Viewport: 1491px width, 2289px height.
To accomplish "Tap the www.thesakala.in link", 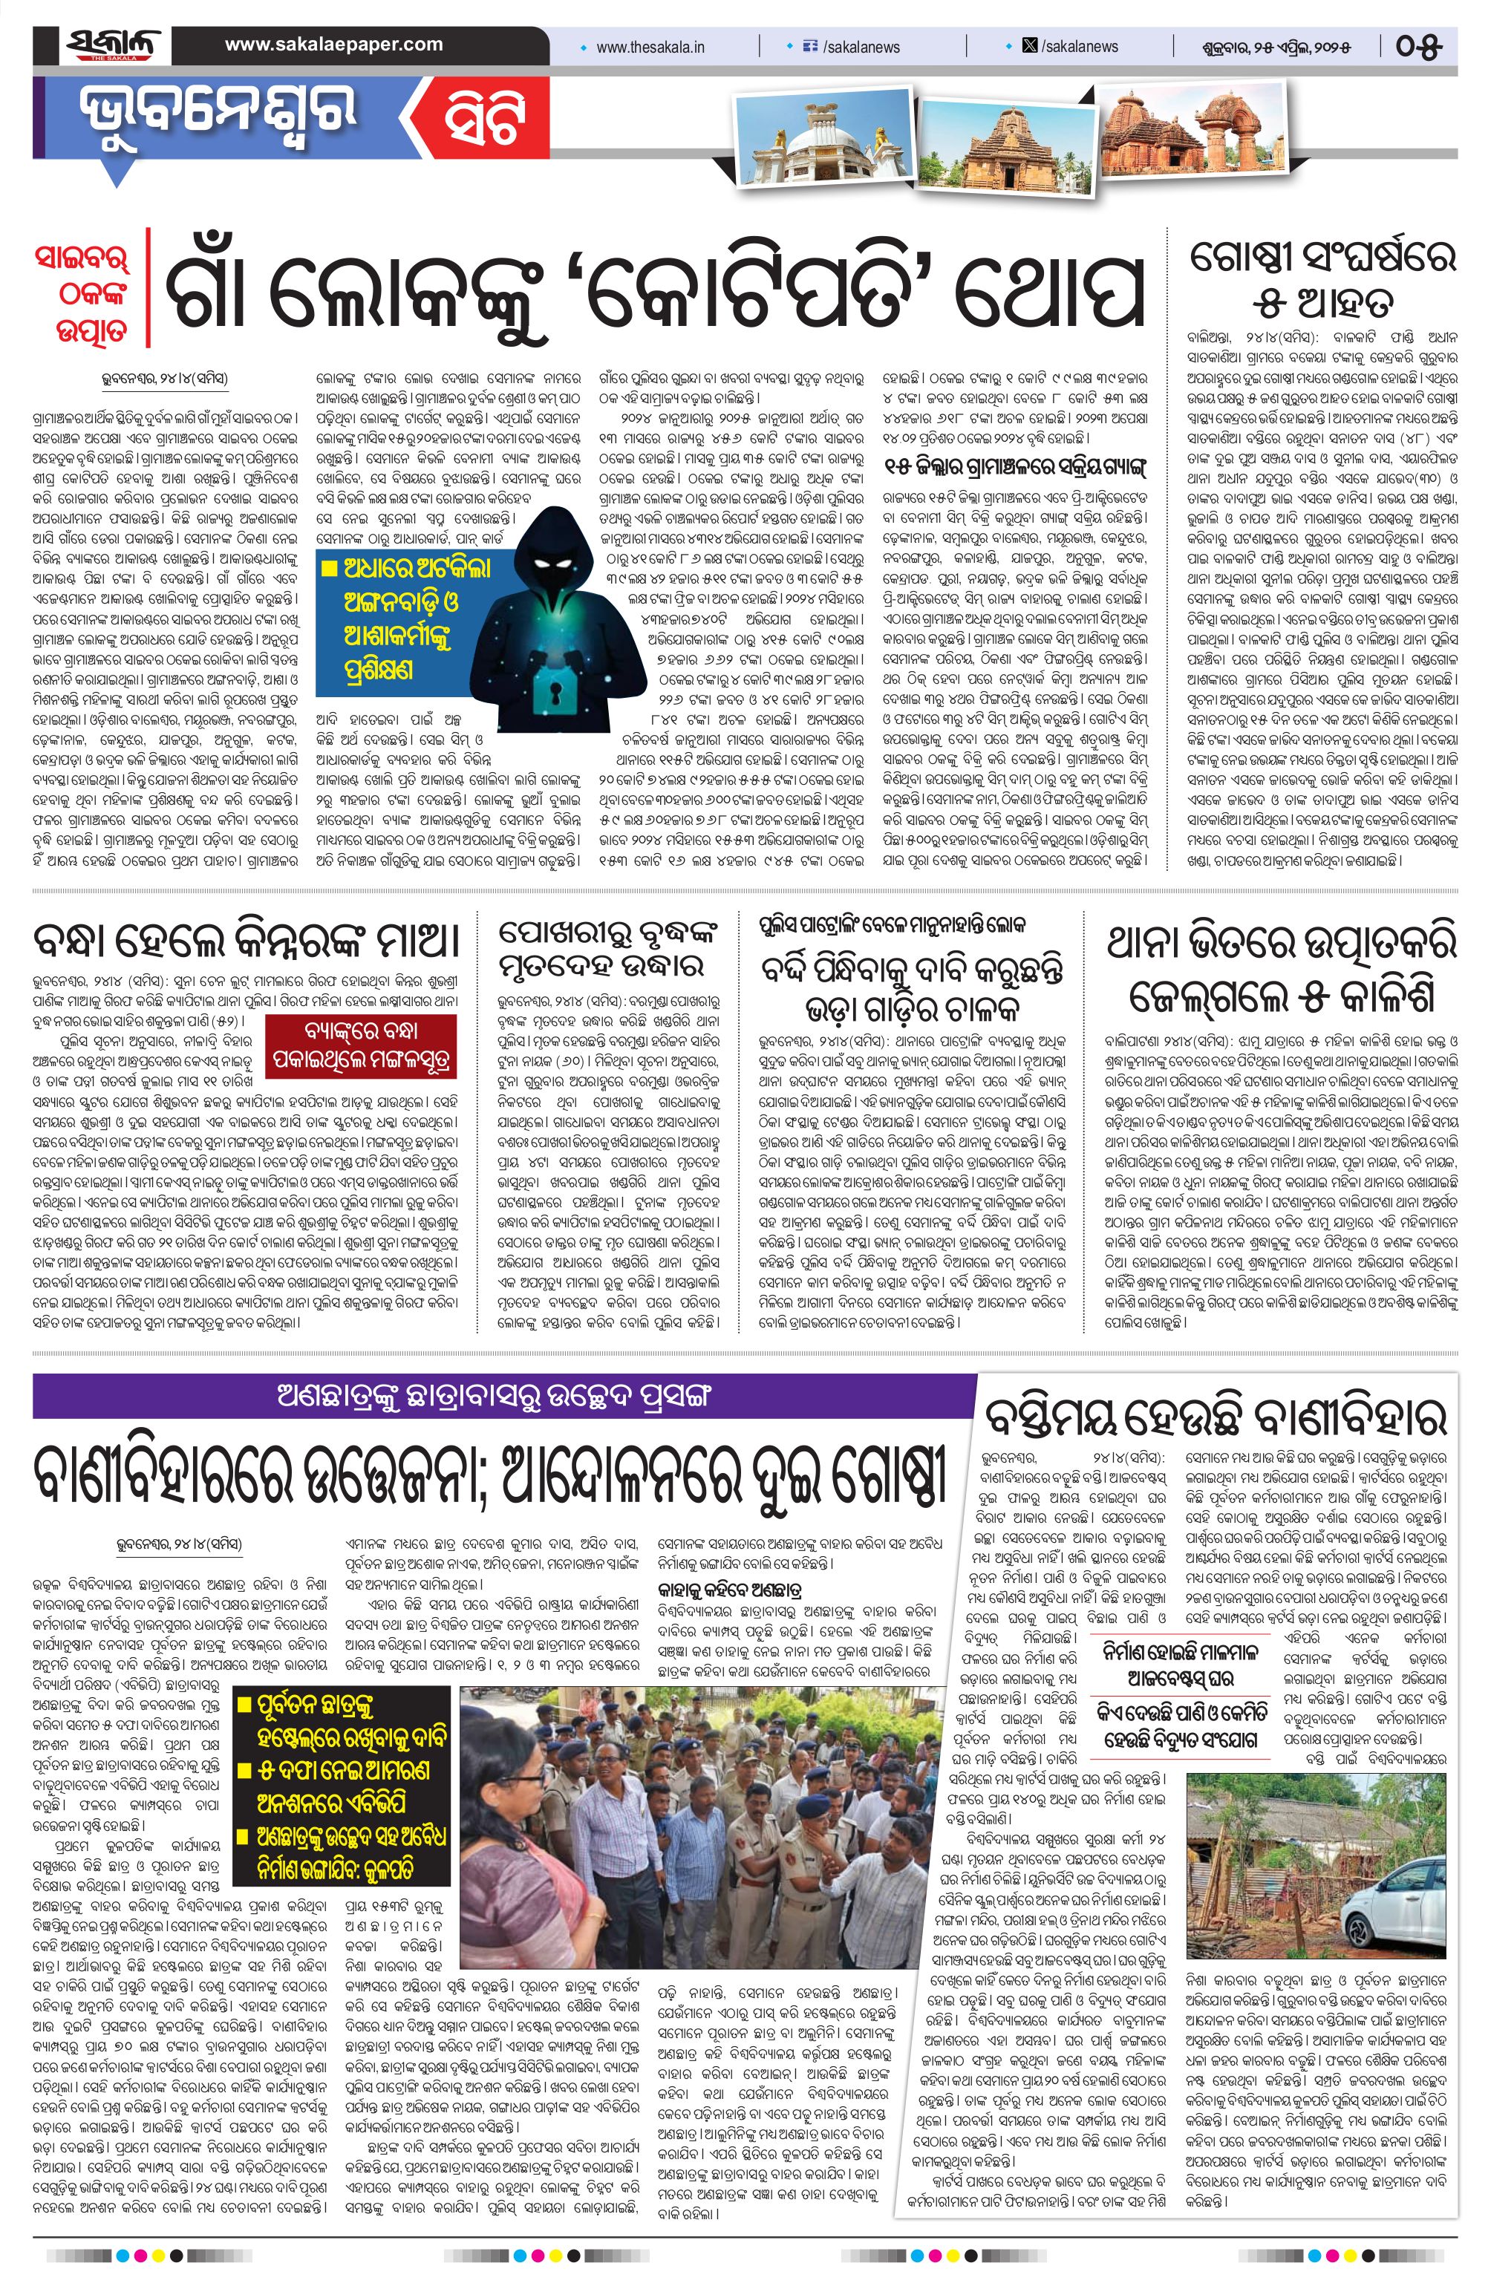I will pyautogui.click(x=650, y=46).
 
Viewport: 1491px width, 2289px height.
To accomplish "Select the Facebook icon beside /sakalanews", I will pyautogui.click(x=810, y=46).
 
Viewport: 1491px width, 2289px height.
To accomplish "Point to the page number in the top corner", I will pyautogui.click(x=1420, y=46).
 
